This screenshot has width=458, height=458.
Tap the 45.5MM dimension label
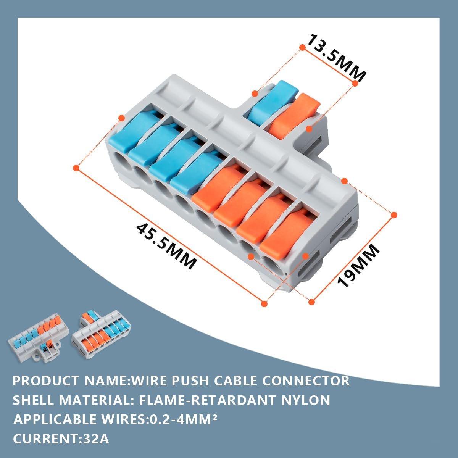pyautogui.click(x=166, y=247)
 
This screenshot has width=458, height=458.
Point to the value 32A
pyautogui.click(x=96, y=439)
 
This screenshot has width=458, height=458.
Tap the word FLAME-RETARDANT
pyautogui.click(x=207, y=400)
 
